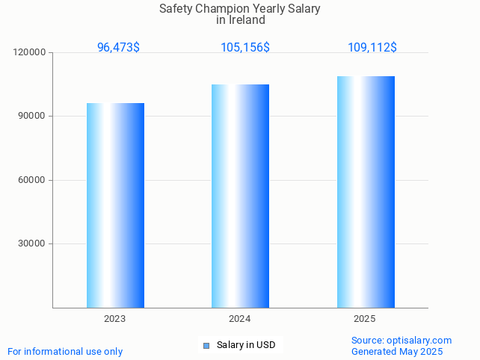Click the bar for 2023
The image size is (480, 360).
(x=115, y=205)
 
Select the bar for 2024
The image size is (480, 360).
(x=240, y=196)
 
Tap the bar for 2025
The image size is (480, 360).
(x=366, y=192)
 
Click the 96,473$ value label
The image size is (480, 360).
(x=118, y=48)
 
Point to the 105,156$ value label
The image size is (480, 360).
(x=244, y=48)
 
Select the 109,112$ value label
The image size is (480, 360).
(x=372, y=48)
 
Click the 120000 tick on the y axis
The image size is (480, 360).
(x=30, y=53)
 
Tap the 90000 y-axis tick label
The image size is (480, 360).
(x=32, y=117)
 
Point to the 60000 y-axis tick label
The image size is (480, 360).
(x=32, y=180)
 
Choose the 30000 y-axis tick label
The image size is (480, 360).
(x=32, y=243)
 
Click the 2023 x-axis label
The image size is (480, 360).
(x=114, y=319)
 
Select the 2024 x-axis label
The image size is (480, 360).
(x=239, y=319)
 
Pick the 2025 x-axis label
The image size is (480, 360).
(x=364, y=319)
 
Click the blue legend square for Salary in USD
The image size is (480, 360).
(x=207, y=345)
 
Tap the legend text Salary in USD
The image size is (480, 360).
(x=246, y=345)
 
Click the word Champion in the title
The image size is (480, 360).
(x=228, y=9)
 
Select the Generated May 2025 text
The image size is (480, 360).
(x=397, y=352)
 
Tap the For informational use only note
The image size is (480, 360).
(x=65, y=352)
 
